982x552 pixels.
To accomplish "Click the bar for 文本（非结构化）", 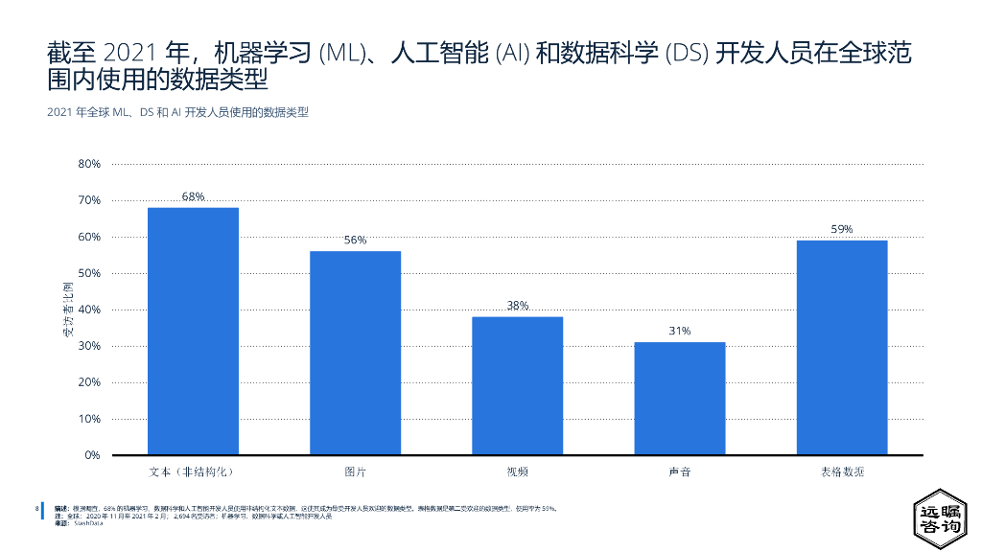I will [x=193, y=331].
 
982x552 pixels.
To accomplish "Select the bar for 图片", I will [x=355, y=353].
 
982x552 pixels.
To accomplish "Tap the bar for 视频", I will [x=517, y=385].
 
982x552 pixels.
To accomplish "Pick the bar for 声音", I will [x=679, y=398].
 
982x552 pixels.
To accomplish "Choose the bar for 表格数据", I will [x=841, y=347].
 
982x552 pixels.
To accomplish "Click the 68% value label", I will [x=193, y=196].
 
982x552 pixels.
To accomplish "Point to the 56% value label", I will [x=355, y=241].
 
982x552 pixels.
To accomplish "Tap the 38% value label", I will [x=517, y=306].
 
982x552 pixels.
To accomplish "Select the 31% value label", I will [x=679, y=331].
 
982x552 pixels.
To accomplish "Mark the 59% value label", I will [x=841, y=229].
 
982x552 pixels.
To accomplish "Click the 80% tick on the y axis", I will [x=89, y=164].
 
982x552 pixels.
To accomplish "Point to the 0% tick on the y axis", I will [x=92, y=455].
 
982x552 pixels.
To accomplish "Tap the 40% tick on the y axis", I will [x=89, y=310].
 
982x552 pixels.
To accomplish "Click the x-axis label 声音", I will [x=679, y=471].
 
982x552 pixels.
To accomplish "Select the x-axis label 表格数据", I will [x=841, y=471].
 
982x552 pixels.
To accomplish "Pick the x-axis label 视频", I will [x=517, y=471].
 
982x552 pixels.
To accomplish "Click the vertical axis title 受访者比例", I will [x=68, y=310].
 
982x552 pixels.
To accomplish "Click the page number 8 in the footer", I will [x=36, y=507].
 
